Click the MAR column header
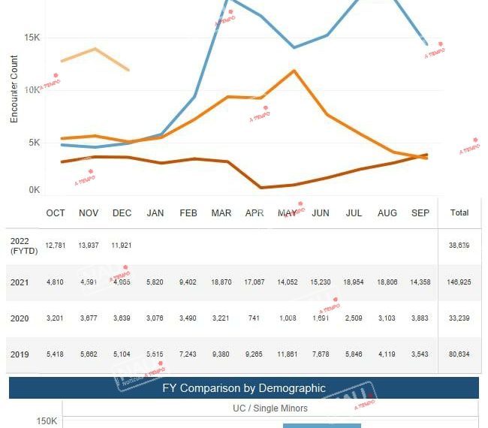click(x=221, y=213)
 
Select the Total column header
click(x=459, y=213)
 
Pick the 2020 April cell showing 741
click(x=254, y=318)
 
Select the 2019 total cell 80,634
click(x=459, y=354)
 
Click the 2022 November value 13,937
click(x=89, y=246)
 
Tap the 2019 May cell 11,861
click(x=288, y=354)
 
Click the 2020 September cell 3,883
click(x=420, y=318)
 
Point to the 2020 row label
click(x=20, y=318)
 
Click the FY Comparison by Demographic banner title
click(x=244, y=388)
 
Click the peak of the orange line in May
click(x=294, y=71)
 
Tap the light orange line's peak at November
click(x=95, y=49)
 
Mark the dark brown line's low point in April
click(x=261, y=188)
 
